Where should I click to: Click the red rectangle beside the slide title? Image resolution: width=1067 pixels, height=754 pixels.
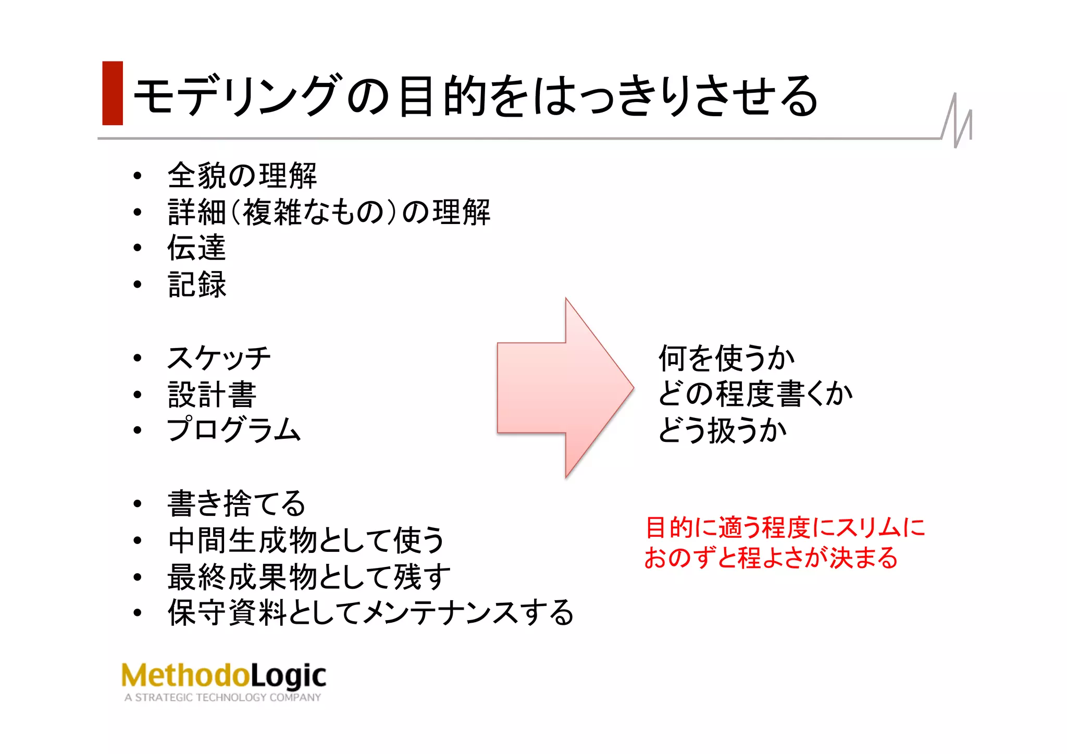tap(113, 93)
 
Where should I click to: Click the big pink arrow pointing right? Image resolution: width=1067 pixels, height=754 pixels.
tap(563, 388)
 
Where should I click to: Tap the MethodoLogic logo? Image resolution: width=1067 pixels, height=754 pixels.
tap(224, 676)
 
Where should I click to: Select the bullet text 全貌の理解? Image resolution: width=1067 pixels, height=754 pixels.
tap(242, 176)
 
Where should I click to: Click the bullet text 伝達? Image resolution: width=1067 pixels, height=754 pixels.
tap(196, 248)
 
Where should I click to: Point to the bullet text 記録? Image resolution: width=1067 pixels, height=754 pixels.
tap(197, 285)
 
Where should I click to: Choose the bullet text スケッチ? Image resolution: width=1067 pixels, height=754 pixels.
tap(219, 358)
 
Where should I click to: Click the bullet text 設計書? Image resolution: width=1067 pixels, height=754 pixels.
tap(212, 394)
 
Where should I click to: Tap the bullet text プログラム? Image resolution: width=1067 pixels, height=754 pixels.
tap(234, 430)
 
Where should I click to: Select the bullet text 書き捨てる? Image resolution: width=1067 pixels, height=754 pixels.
tap(236, 504)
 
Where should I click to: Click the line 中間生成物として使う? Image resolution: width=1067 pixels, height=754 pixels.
tap(306, 540)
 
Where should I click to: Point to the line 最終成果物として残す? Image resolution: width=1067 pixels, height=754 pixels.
tap(308, 577)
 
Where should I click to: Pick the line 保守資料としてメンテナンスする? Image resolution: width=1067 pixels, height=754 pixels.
tap(370, 613)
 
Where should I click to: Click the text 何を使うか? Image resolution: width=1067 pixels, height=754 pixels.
tap(726, 359)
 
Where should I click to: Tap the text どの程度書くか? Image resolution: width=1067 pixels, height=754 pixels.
tap(755, 394)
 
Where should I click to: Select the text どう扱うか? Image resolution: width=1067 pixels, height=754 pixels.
tap(722, 431)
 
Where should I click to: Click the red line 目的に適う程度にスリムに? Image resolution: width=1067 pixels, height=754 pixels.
tap(785, 528)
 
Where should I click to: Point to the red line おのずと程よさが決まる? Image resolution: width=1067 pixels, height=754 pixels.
tap(771, 558)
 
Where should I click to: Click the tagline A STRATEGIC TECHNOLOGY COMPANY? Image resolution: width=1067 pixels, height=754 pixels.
tap(222, 698)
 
